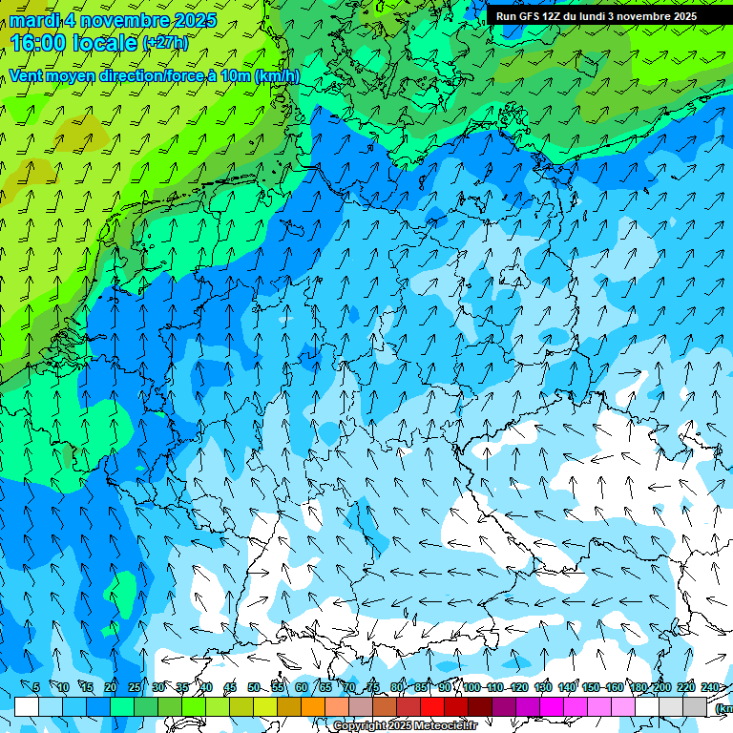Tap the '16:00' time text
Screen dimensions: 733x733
click(x=40, y=42)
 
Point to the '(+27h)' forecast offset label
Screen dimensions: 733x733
click(x=164, y=43)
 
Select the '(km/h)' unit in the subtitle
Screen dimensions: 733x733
click(x=277, y=75)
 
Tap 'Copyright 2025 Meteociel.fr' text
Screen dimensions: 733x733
click(x=405, y=726)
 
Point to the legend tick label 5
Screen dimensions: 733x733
click(x=36, y=687)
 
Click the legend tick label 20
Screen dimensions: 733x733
click(x=110, y=687)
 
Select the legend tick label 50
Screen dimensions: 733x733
click(x=253, y=687)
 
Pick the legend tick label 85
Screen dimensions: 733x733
click(x=420, y=687)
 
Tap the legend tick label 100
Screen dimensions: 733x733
click(x=471, y=687)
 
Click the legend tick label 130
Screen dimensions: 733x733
click(x=543, y=687)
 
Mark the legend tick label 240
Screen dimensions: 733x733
click(x=710, y=687)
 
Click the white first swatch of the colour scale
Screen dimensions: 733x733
click(x=27, y=706)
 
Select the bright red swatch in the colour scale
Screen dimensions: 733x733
click(x=432, y=706)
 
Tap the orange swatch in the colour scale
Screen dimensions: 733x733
click(x=313, y=706)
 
